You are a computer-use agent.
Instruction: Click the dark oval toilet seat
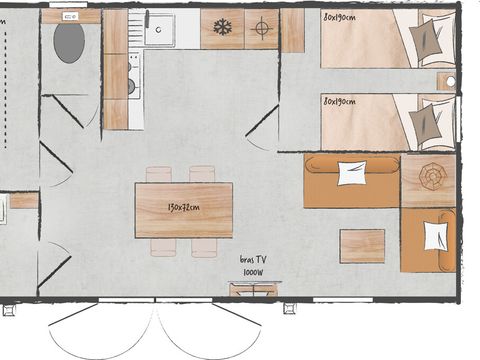click(69, 43)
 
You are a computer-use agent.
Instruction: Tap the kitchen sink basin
click(159, 29)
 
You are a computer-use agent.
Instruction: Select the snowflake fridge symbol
click(222, 28)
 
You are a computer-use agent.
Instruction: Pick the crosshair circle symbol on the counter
click(262, 28)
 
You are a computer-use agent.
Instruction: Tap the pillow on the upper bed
click(429, 39)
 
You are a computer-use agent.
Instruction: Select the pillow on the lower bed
click(428, 123)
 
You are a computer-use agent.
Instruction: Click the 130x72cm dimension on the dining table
click(183, 208)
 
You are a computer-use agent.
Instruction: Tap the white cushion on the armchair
click(435, 236)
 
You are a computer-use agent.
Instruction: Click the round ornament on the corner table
click(431, 176)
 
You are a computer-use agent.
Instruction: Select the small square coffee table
click(361, 245)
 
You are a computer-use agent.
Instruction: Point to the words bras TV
click(253, 259)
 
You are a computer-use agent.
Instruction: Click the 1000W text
click(253, 271)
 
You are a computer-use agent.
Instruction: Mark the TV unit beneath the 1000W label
click(254, 290)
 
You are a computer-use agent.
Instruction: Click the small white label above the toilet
click(69, 17)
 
